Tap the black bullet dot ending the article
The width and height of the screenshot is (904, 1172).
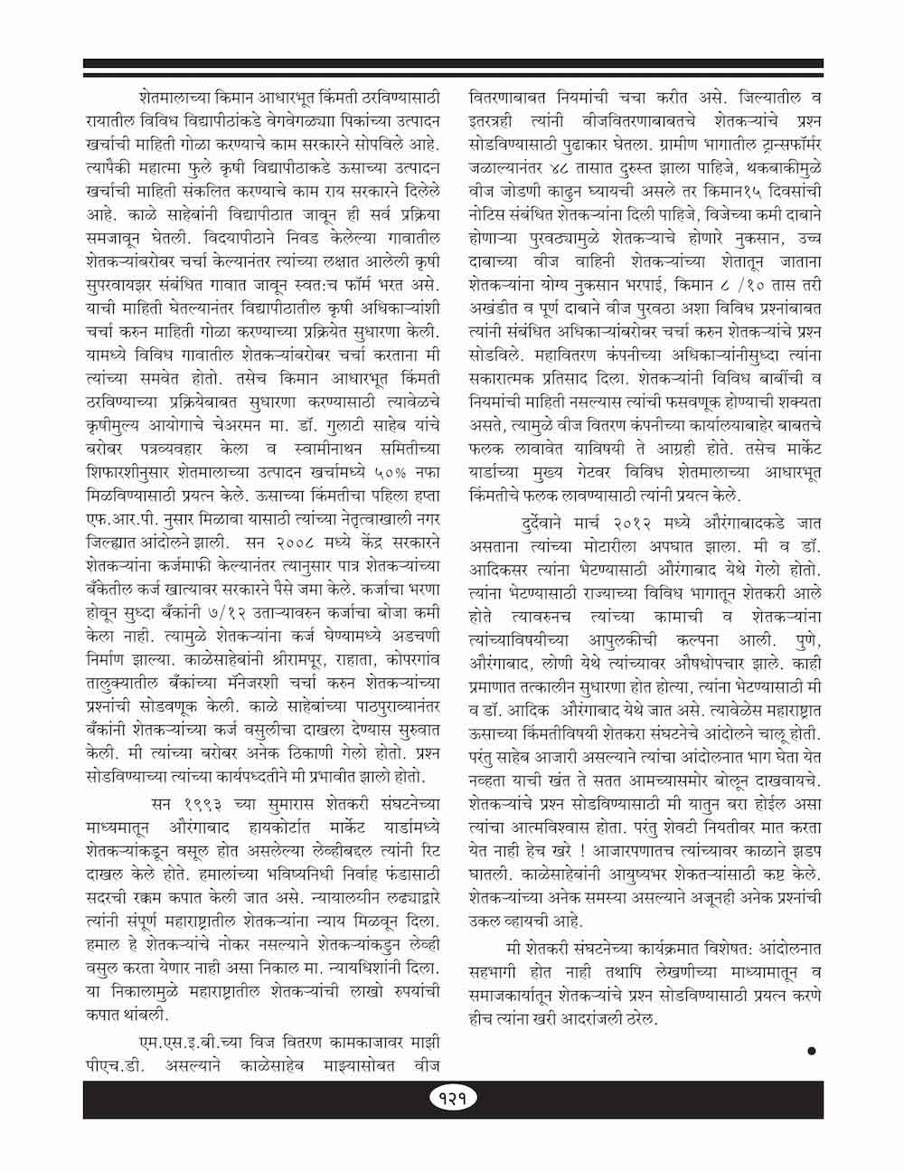pos(811,1051)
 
